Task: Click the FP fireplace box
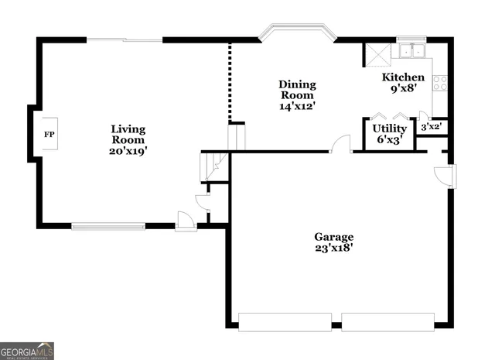[x=49, y=135]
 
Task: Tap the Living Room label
[x=128, y=135]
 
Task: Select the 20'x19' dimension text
[x=128, y=151]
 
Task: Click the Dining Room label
[x=297, y=90]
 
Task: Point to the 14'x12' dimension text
[x=297, y=106]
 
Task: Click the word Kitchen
[x=403, y=77]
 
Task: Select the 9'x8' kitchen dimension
[x=403, y=88]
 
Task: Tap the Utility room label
[x=389, y=129]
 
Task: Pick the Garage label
[x=333, y=237]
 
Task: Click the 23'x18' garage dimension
[x=333, y=249]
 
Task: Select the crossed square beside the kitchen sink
[x=377, y=54]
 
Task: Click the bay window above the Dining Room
[x=298, y=33]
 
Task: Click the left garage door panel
[x=285, y=321]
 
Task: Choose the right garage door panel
[x=388, y=321]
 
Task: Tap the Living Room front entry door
[x=186, y=221]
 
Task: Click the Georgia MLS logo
[x=27, y=351]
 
